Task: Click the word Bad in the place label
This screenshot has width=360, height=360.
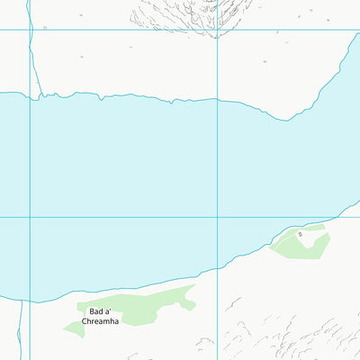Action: click(x=97, y=311)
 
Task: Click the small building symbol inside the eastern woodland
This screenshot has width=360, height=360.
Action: click(x=301, y=234)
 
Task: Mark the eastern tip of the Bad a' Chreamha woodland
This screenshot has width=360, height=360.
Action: click(x=193, y=289)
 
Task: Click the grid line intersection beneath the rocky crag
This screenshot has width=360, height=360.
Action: click(x=217, y=30)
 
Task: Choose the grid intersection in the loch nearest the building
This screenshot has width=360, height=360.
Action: click(x=217, y=217)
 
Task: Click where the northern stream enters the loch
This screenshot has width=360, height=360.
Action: click(x=37, y=94)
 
